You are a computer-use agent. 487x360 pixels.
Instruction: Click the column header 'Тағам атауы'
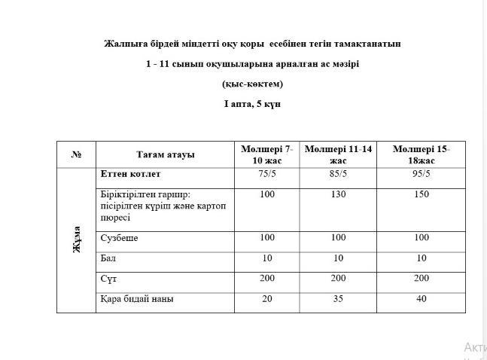[165, 154]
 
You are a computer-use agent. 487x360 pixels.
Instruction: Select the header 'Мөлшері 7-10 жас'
[267, 154]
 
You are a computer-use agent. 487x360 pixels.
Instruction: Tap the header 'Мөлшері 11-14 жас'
[338, 154]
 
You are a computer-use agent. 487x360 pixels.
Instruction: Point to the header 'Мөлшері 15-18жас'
[421, 154]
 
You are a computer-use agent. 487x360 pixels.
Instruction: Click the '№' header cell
[77, 154]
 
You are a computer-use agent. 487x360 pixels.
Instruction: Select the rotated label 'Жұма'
[77, 239]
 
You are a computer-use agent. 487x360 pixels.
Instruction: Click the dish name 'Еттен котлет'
[130, 174]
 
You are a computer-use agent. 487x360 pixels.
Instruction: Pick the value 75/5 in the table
[267, 174]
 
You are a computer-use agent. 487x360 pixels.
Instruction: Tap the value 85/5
[338, 174]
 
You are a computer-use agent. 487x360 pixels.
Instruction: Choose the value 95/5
[421, 174]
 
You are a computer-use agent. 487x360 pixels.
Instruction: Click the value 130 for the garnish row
[338, 194]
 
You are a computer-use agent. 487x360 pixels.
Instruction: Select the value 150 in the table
[421, 194]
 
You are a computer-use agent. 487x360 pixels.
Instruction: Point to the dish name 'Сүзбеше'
[119, 238]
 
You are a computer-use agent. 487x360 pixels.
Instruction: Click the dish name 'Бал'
[108, 258]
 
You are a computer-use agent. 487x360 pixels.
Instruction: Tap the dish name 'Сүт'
[108, 279]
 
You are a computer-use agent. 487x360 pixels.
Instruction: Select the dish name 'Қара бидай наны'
[136, 299]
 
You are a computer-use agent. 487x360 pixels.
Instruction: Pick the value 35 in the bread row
[338, 299]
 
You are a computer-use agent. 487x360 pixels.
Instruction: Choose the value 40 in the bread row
[421, 299]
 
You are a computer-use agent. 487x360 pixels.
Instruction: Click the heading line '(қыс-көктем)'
[252, 84]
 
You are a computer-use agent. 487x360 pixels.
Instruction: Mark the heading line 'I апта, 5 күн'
[252, 104]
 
